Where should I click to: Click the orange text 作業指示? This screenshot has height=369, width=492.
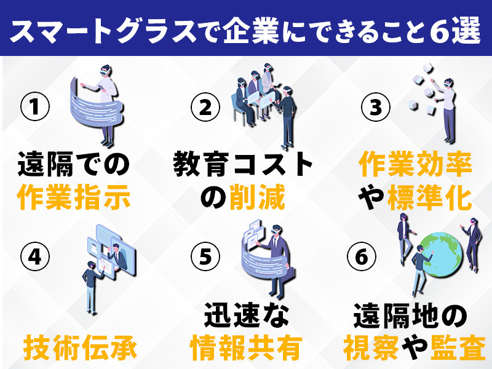point(74,198)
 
